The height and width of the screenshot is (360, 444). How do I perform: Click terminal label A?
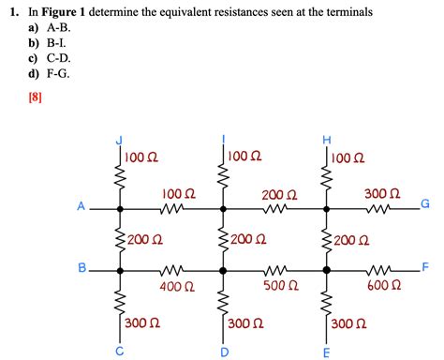[81, 206]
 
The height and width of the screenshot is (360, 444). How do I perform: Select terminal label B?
[81, 268]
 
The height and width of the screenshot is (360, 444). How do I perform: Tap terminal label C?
[119, 352]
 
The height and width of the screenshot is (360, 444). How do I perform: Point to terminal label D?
[224, 352]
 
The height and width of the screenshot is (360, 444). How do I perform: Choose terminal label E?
[326, 352]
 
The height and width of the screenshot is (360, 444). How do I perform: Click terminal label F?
[424, 267]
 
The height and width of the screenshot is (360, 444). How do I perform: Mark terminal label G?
[425, 203]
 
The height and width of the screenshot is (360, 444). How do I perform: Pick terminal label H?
[326, 141]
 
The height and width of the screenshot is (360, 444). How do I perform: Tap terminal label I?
[223, 139]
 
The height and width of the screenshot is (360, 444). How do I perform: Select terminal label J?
[119, 141]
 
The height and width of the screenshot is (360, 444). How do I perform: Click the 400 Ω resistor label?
[177, 286]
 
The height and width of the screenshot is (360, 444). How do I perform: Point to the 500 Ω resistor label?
[280, 286]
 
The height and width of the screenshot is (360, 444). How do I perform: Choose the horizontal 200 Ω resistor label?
[279, 194]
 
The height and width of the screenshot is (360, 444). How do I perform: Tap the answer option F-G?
[55, 71]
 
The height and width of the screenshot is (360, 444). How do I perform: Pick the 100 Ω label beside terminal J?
[141, 156]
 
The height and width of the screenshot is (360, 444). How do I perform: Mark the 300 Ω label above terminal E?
[348, 323]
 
